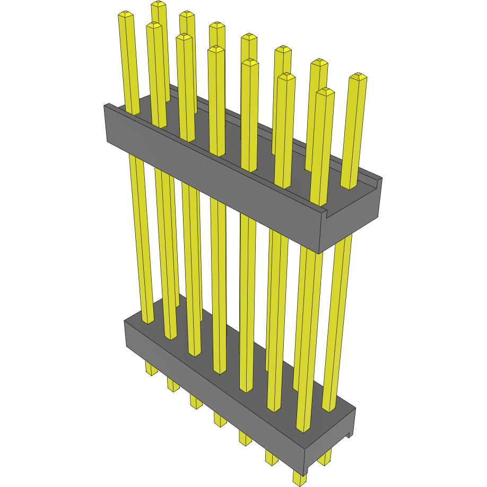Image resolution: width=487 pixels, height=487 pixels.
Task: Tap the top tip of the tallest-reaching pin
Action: point(158,4)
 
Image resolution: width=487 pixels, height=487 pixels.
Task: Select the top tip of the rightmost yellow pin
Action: point(359,76)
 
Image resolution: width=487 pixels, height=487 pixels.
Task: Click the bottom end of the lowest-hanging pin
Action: point(299,482)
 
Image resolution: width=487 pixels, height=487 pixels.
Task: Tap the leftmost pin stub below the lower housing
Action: point(151,370)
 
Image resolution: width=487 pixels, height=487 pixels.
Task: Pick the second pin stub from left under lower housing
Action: point(173,386)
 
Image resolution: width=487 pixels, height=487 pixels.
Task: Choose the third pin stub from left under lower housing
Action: point(196,402)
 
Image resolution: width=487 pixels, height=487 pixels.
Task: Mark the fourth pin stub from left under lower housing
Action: point(220,420)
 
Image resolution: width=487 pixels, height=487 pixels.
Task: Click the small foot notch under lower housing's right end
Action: point(349,435)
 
